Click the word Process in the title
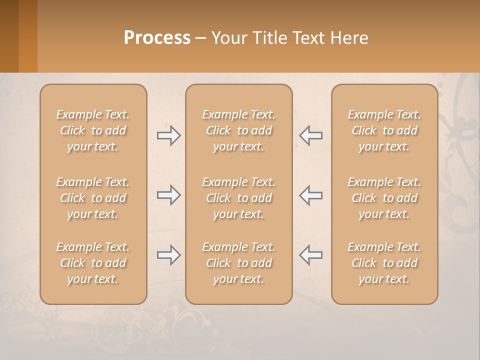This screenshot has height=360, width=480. (157, 37)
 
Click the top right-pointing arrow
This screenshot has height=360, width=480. (169, 135)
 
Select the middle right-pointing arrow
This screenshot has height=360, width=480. (169, 195)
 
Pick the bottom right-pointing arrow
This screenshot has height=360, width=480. (169, 255)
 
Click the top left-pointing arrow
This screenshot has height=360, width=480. (310, 135)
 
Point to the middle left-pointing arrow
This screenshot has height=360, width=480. (310, 195)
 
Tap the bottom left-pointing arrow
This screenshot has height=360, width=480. (310, 255)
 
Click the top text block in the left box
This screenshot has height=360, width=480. (93, 130)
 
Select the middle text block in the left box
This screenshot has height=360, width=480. (93, 198)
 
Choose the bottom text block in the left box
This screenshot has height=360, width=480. (93, 263)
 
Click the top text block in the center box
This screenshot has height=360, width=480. (239, 130)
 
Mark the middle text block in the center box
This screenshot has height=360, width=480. (239, 198)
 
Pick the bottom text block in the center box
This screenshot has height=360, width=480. (239, 263)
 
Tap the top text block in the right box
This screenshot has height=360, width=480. (384, 130)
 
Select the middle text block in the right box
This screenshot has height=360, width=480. (384, 198)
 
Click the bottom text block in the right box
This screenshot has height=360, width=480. (384, 263)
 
